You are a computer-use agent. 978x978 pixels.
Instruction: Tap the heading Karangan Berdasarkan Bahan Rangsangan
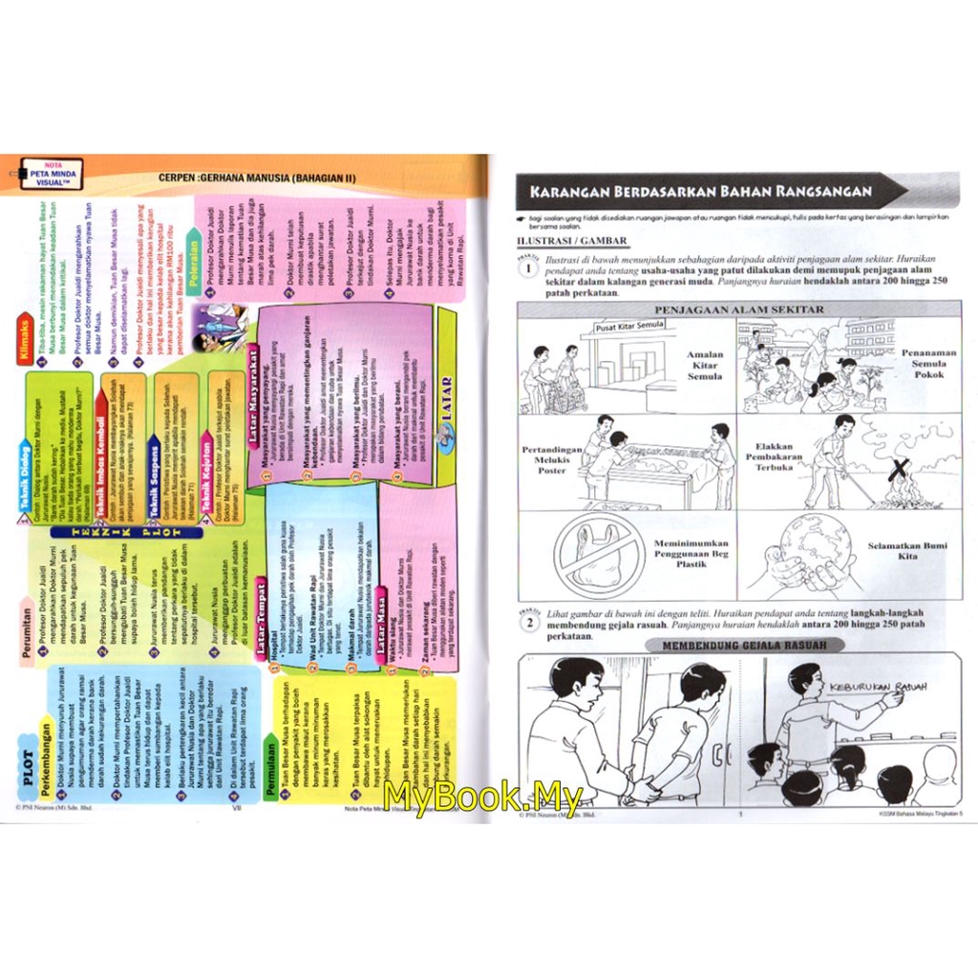702,191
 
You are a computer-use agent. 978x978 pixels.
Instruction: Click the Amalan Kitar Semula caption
705,365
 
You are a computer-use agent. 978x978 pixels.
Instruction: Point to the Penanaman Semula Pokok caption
926,364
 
